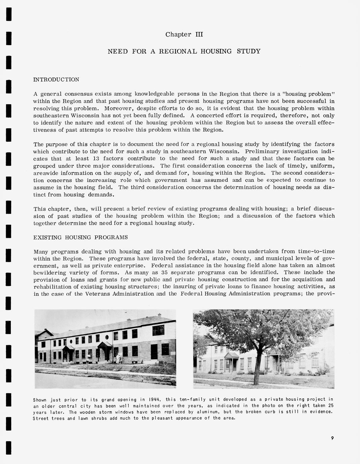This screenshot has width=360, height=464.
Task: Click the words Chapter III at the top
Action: [x=184, y=34]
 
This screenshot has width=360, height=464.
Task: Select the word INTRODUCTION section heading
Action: [x=56, y=80]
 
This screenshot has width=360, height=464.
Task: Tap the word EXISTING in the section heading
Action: [x=47, y=238]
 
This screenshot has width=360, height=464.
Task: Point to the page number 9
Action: [x=332, y=438]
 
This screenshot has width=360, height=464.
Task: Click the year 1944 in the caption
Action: [x=154, y=400]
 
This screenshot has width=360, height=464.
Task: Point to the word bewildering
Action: [x=51, y=273]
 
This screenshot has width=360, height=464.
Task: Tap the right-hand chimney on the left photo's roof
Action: [x=160, y=316]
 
